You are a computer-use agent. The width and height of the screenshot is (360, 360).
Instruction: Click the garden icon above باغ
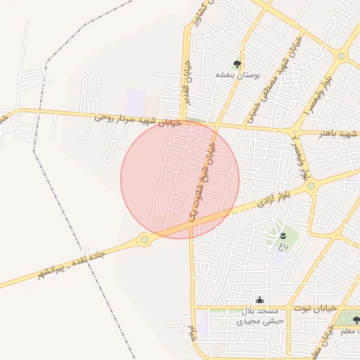(x=283, y=235)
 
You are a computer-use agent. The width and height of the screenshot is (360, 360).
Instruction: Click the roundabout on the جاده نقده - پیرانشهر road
(x=145, y=239)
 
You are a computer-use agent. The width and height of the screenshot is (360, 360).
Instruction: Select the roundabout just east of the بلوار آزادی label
(x=310, y=186)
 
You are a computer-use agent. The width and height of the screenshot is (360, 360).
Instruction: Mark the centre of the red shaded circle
(x=180, y=179)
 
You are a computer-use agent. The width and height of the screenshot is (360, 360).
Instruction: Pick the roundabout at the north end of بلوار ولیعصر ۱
(x=341, y=56)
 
